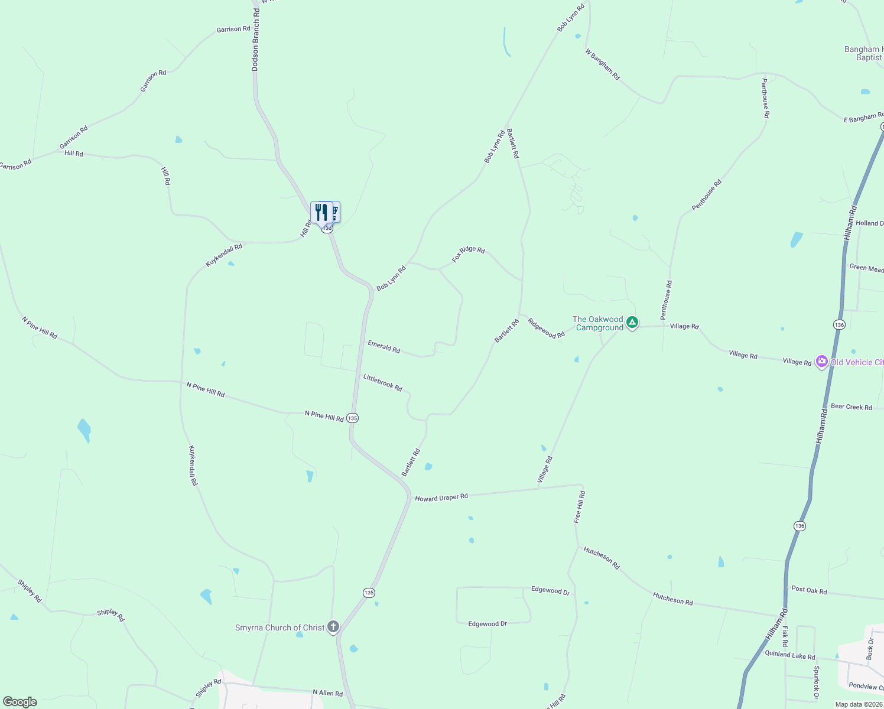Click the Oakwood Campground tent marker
tap(632, 323)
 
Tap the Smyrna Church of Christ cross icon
tap(333, 627)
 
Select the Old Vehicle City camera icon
tap(821, 362)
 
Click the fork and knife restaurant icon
tap(321, 212)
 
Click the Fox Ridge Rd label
tap(469, 254)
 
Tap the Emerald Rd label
tap(384, 347)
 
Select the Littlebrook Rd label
tap(383, 383)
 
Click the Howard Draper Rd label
tap(441, 497)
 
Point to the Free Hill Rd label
tap(579, 507)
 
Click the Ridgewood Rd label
tap(546, 329)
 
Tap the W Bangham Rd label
tap(603, 64)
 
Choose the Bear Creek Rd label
tap(851, 406)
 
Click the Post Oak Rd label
tap(809, 590)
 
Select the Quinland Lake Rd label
tap(790, 655)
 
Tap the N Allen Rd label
tap(327, 692)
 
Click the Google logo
tap(20, 702)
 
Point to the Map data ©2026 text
tap(858, 704)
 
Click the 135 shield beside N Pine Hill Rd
tap(352, 418)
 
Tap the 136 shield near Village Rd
tap(839, 324)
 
